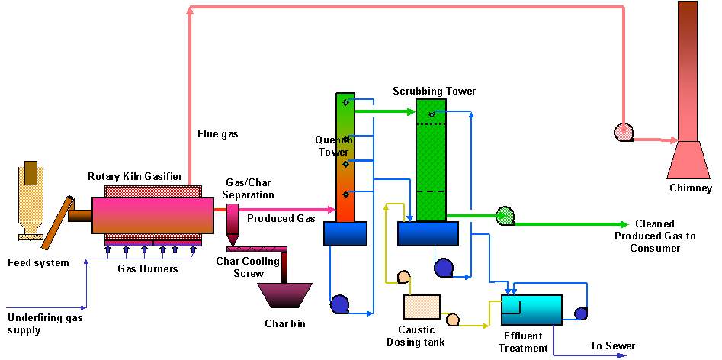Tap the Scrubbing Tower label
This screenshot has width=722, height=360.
point(434,92)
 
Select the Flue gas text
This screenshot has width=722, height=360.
point(217,133)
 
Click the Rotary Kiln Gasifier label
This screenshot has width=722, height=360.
point(135,177)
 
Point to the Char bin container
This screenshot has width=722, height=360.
point(284,297)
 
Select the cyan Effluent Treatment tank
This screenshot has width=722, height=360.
point(531,310)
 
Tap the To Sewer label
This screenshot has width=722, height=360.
point(612,346)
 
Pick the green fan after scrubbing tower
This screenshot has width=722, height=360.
point(504,217)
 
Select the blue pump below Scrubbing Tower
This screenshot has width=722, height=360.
point(443,268)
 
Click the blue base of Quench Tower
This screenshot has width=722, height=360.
point(345,233)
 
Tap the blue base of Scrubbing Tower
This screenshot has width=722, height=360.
point(428,233)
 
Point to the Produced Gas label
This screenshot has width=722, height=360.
point(281,219)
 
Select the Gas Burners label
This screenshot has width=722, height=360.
point(148,268)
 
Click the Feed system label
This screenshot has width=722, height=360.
point(38,263)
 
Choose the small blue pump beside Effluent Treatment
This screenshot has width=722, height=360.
point(580,313)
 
